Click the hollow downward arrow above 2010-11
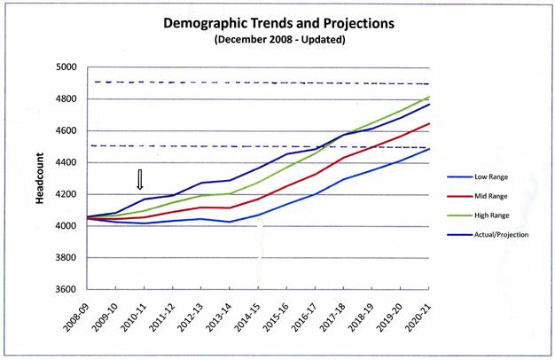pyautogui.click(x=139, y=180)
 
